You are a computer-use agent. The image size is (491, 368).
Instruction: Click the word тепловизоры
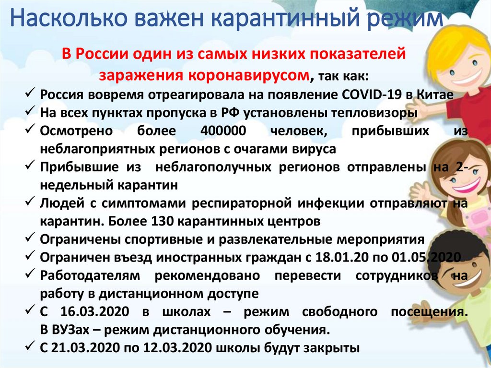coord(374,113)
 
